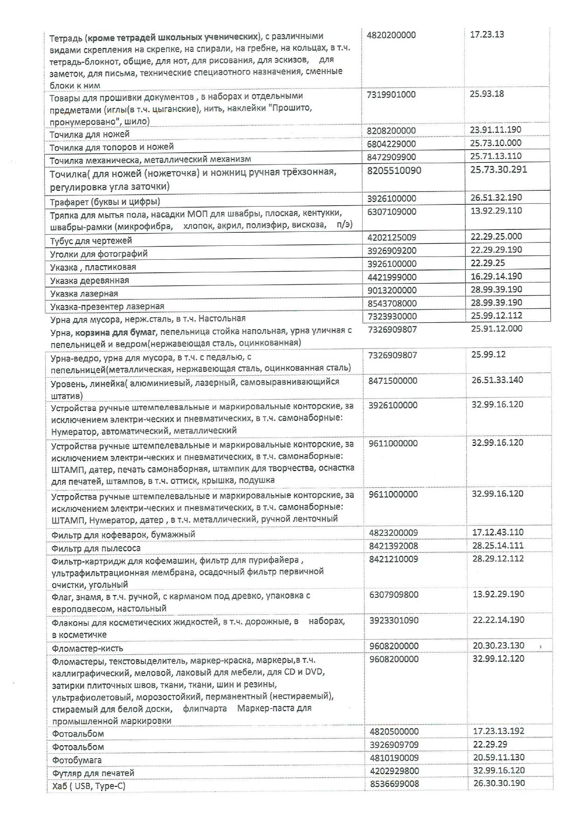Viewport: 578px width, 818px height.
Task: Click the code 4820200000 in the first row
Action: point(392,35)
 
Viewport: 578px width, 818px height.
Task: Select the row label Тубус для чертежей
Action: point(91,241)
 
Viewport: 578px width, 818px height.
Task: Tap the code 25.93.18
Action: point(487,94)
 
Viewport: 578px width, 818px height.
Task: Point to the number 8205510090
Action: point(394,170)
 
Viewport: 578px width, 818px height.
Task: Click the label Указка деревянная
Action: point(89,280)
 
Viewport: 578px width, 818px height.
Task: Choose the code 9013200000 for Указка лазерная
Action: point(392,290)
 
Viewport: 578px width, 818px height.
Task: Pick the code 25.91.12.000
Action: point(496,328)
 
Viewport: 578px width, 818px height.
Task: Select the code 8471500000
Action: point(392,381)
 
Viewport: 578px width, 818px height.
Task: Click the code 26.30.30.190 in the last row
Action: point(499,783)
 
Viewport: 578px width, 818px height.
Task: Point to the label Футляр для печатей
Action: point(93,773)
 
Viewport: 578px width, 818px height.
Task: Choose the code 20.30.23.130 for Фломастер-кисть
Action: point(498,645)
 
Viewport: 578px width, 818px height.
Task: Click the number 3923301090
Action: point(393,620)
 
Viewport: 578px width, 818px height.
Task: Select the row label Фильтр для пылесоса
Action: point(96,548)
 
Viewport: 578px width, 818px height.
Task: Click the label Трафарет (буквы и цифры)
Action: point(105,201)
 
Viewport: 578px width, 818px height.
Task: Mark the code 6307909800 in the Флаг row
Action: point(393,595)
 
